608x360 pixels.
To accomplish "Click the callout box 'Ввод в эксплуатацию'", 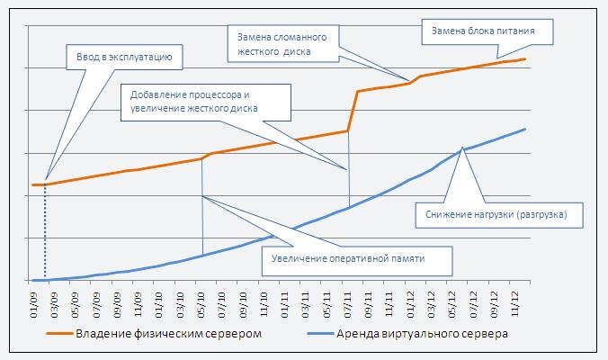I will pos(125,60).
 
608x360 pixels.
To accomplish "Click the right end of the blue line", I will pos(525,129).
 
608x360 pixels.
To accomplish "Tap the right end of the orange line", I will pos(525,58).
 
